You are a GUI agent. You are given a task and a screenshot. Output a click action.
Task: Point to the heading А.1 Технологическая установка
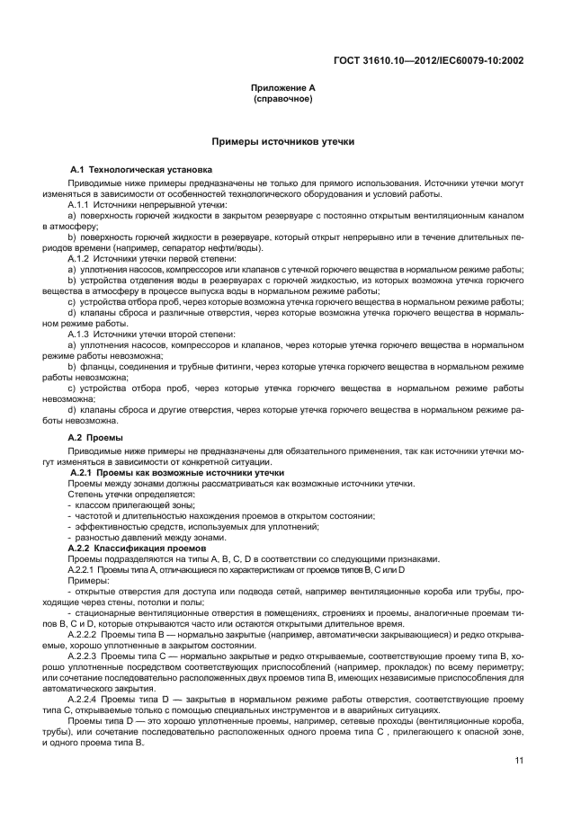click(141, 169)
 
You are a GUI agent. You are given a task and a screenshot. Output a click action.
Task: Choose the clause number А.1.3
click(83, 333)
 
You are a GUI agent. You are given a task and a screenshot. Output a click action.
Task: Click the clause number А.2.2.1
click(85, 569)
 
